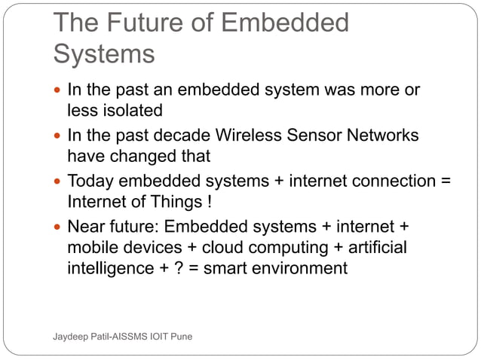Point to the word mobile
point(92,248)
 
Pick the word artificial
point(374,248)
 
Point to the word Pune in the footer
point(180,336)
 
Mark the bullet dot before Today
point(58,182)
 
